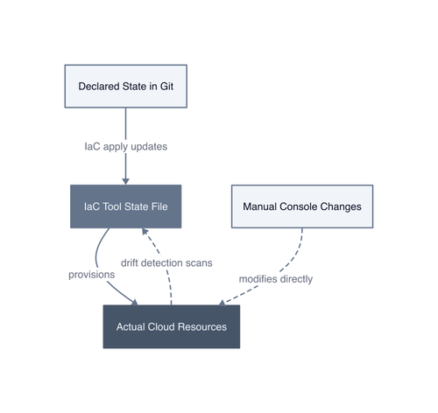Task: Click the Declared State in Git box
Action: click(x=126, y=87)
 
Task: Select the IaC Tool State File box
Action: click(x=126, y=206)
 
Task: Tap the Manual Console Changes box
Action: click(x=302, y=206)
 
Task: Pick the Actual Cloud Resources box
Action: click(x=172, y=326)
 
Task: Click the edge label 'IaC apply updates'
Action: click(x=126, y=146)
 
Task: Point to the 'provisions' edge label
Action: click(x=92, y=275)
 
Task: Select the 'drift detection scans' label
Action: click(x=166, y=262)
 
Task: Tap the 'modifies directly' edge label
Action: click(x=276, y=279)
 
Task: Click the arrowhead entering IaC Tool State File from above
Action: click(x=126, y=181)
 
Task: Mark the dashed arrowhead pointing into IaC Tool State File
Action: click(x=145, y=232)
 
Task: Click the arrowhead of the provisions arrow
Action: click(x=135, y=303)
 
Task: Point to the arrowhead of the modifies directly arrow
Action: click(x=223, y=303)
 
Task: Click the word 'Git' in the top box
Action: click(x=166, y=87)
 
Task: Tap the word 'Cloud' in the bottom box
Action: click(x=162, y=326)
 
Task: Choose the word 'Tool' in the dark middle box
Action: click(x=113, y=206)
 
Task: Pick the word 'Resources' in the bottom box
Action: click(x=202, y=326)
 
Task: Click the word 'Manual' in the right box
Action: click(x=260, y=206)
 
